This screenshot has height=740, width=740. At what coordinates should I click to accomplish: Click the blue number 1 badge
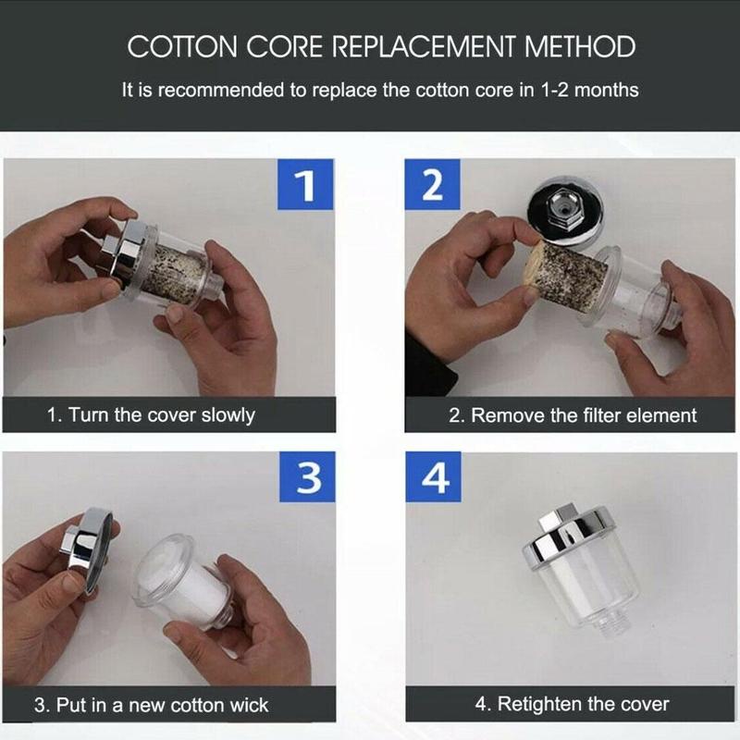coord(305,184)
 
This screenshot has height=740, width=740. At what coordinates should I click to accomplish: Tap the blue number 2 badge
coord(432,184)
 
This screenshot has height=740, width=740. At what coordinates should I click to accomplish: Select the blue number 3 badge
coord(307,476)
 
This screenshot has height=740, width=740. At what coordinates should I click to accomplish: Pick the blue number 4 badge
coord(434,476)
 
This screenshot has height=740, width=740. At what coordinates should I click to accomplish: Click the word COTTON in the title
coord(182,47)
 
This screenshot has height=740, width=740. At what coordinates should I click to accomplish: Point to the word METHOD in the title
coord(580,47)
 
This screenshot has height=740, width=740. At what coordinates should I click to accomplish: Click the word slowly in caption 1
coord(228,415)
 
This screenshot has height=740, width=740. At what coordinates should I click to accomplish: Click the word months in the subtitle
coord(607,90)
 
